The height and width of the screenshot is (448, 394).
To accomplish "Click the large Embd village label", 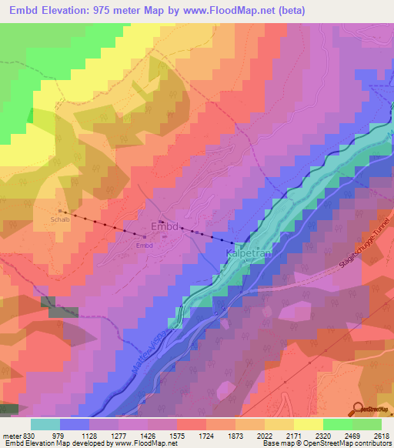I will coord(164,228).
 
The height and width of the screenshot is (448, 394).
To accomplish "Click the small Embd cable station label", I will coord(145,246).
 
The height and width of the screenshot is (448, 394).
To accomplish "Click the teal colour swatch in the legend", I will coord(45,424).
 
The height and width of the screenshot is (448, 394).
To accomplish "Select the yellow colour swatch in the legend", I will coord(308,424).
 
